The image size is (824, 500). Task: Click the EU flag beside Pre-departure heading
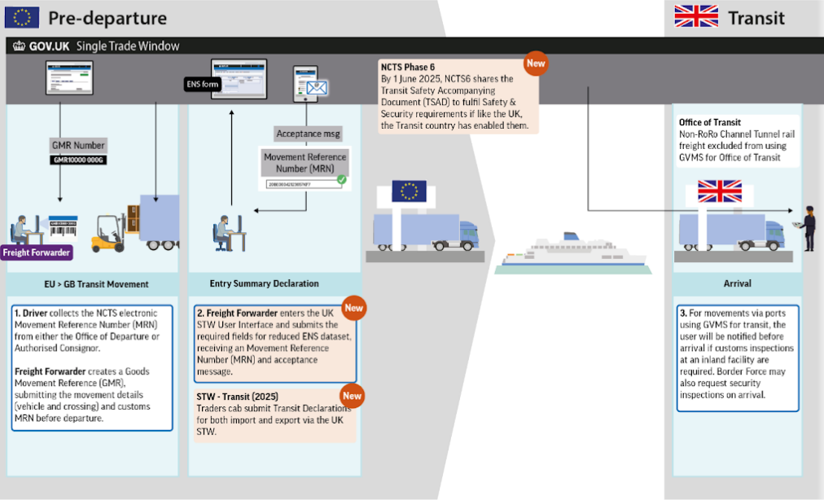(x=22, y=16)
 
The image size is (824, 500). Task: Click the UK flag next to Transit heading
(x=695, y=16)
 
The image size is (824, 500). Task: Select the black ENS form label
(x=202, y=83)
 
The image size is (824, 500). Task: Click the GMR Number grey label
(x=78, y=146)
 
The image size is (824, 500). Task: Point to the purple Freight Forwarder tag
(x=37, y=252)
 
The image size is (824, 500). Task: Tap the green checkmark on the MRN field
(x=341, y=180)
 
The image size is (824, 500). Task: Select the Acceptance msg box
(x=308, y=134)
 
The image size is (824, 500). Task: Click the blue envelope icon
(x=316, y=87)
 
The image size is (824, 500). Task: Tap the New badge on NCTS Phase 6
(x=535, y=63)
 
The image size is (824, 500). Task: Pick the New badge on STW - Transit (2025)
(x=352, y=396)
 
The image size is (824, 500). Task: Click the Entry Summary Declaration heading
(x=264, y=284)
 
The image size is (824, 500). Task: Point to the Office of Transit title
(x=709, y=122)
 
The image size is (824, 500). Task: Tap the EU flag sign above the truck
(x=409, y=191)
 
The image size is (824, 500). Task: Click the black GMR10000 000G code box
(x=78, y=160)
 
